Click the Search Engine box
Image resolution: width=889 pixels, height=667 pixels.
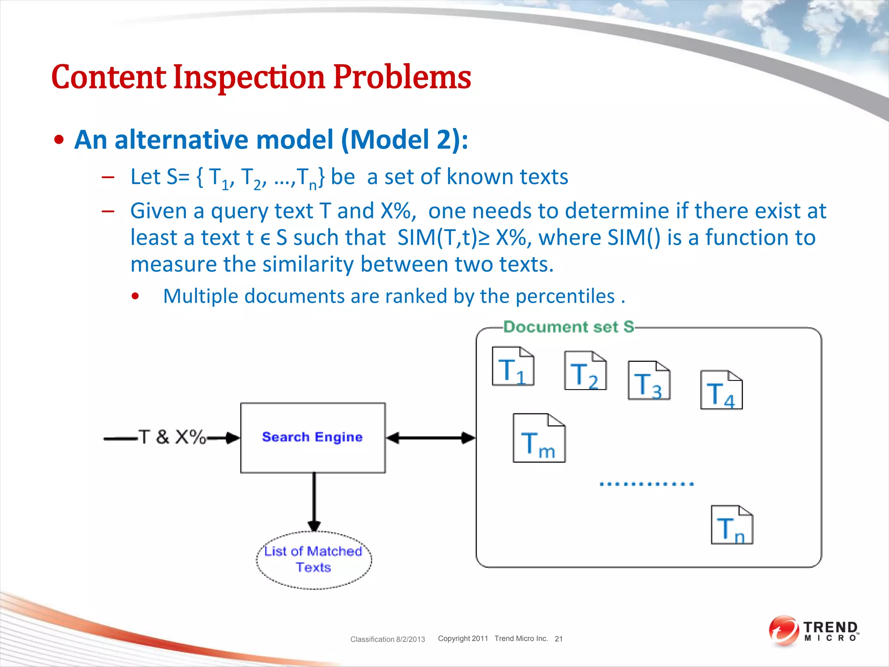313,437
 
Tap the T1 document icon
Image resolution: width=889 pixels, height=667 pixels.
513,366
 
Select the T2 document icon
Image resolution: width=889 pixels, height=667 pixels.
585,370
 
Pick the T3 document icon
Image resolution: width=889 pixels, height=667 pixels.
649,380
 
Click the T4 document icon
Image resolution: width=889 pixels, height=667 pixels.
721,390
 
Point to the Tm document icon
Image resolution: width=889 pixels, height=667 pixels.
539,438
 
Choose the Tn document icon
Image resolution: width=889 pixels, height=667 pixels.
731,525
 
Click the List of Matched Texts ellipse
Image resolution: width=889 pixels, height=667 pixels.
313,559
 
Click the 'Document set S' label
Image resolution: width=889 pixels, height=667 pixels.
568,327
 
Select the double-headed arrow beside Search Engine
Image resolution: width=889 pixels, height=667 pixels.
431,438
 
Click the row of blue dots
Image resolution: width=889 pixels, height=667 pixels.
646,484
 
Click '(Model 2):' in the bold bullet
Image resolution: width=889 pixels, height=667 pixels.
404,140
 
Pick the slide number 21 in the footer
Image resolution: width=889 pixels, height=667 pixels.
558,639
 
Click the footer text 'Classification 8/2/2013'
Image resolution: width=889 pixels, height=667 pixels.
387,639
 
